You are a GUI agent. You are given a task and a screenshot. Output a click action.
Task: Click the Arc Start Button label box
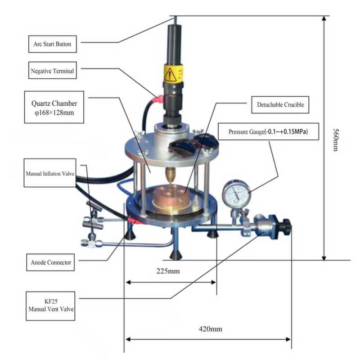point(52,44)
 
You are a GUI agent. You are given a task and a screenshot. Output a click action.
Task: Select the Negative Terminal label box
point(52,71)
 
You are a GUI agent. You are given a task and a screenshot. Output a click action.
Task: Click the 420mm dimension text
point(210,329)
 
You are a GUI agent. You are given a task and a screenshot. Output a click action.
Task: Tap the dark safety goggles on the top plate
point(193,144)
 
